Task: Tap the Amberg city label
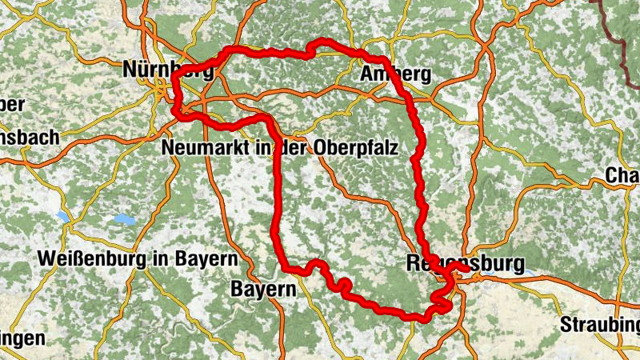[396, 75]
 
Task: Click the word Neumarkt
[209, 148]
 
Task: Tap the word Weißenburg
[90, 259]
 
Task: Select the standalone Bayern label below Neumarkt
[263, 289]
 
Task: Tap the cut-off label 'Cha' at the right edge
[622, 175]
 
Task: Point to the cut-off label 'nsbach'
[29, 138]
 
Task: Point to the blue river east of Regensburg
[528, 273]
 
